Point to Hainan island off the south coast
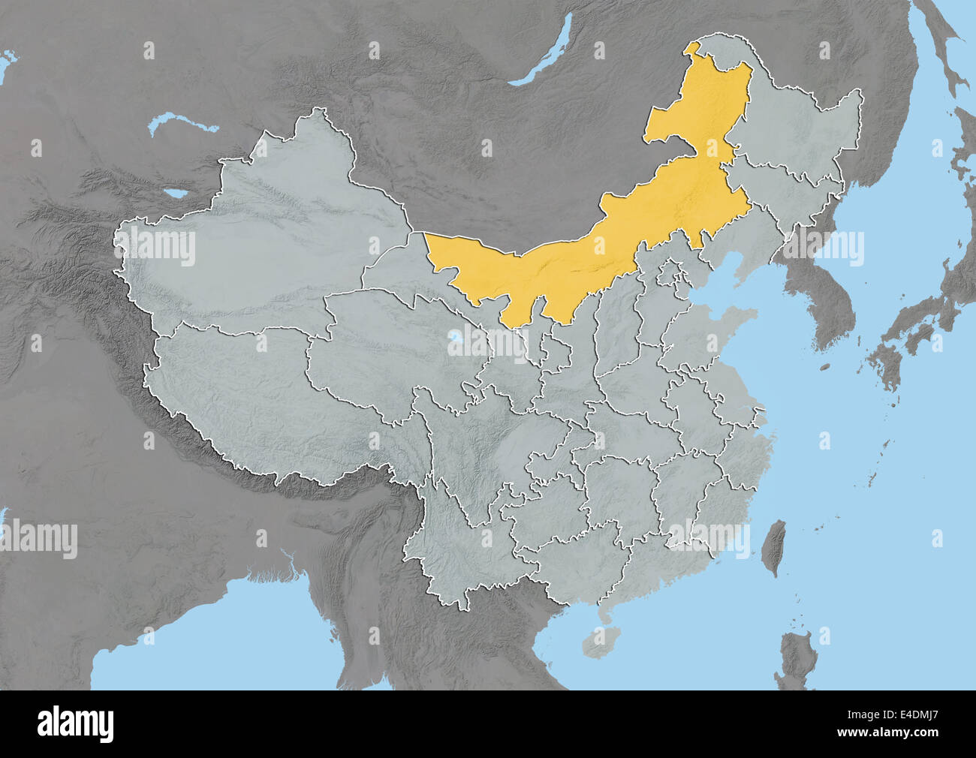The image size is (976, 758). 598,642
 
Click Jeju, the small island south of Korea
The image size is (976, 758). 824,367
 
